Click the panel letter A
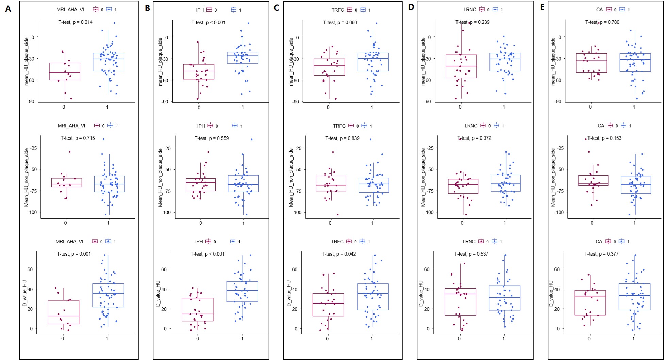pos(8,9)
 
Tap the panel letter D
pos(411,7)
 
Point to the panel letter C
pos(276,7)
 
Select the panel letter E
pos(542,7)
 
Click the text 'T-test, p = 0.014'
pos(76,22)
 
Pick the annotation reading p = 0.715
pos(78,138)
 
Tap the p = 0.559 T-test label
pos(212,138)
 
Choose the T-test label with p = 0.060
pos(340,23)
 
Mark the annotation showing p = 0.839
pos(342,138)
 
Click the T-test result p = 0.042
pos(339,254)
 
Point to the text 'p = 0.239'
pos(473,22)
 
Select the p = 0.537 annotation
pos(471,254)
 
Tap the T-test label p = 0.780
pos(602,22)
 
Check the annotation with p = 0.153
pos(604,138)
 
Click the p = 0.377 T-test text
pos(601,254)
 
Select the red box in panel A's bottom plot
pos(64,312)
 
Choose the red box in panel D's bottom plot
pos(460,302)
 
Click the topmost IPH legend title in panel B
pos(200,10)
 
